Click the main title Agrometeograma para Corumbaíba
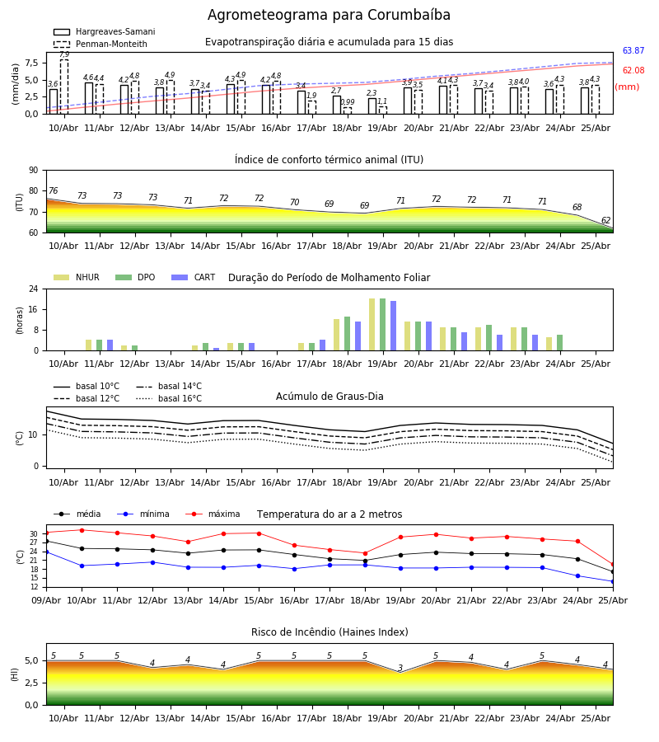coord(329,15)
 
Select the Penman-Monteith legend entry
coord(100,44)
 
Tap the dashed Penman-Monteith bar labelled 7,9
coord(63,87)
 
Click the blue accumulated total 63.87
coord(633,50)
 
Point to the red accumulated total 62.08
coord(633,71)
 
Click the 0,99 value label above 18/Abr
coord(348,101)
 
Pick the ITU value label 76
coord(53,190)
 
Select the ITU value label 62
coord(605,220)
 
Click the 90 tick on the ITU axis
coord(34,171)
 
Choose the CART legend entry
coord(194,277)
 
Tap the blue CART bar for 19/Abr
coord(393,326)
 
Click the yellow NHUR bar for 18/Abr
coord(337,335)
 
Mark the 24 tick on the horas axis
coord(34,289)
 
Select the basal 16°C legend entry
coord(169,398)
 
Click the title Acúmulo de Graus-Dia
coord(329,396)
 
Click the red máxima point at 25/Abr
coord(613,565)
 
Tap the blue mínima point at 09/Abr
coord(46,552)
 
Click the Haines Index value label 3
coord(400,668)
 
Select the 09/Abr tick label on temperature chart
coord(46,600)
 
